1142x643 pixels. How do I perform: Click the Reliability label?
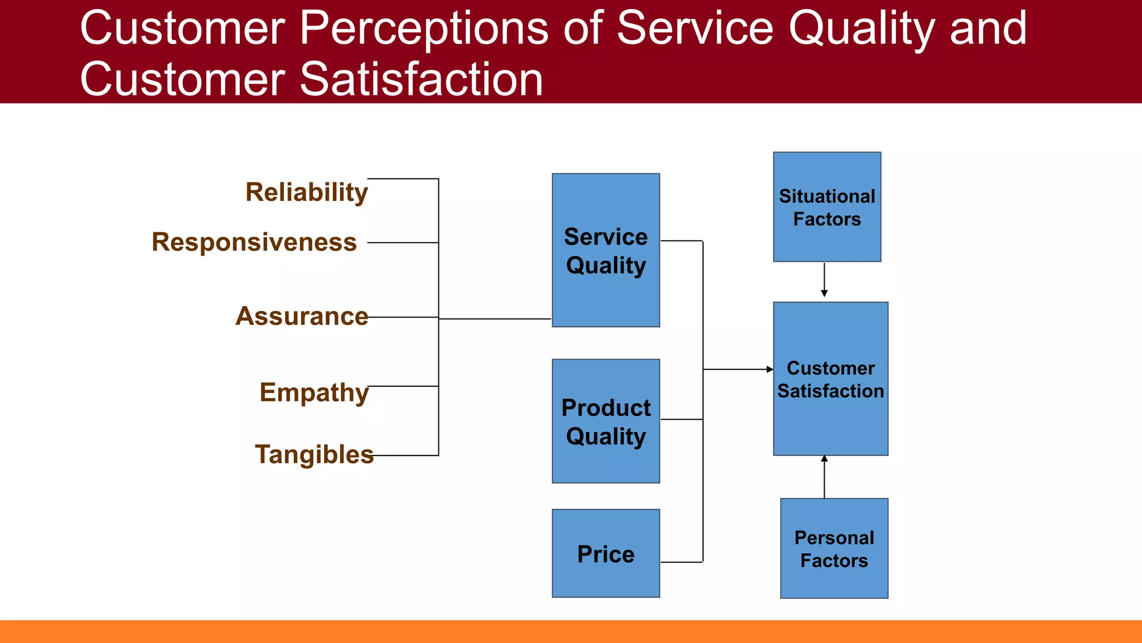(306, 193)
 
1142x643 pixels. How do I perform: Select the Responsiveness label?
(254, 242)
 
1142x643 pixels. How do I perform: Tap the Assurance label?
(302, 316)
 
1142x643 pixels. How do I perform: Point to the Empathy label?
(314, 392)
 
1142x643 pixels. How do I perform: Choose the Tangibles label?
(314, 454)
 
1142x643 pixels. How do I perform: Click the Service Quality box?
(606, 250)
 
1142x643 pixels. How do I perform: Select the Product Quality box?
(606, 421)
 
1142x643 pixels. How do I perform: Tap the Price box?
(606, 554)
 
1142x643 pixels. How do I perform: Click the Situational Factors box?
(827, 207)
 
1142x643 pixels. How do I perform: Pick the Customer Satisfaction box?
(830, 379)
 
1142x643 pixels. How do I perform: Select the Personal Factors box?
(834, 549)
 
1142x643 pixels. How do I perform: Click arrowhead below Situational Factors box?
(824, 293)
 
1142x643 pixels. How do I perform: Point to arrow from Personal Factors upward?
(824, 477)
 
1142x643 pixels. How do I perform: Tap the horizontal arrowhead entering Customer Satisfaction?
(770, 370)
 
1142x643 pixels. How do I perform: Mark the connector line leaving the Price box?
(681, 562)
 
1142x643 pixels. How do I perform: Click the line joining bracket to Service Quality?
(495, 319)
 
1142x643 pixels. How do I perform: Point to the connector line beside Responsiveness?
(403, 243)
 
